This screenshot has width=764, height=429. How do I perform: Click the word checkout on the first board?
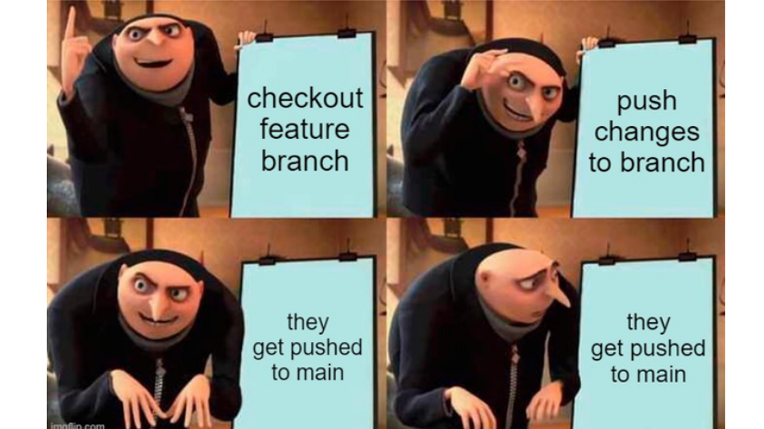(305, 98)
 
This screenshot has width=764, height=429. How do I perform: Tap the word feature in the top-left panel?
(305, 129)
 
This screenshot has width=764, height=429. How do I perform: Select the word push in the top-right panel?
(647, 101)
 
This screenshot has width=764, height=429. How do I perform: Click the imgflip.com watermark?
(76, 425)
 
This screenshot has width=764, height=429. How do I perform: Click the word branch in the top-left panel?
(305, 161)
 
